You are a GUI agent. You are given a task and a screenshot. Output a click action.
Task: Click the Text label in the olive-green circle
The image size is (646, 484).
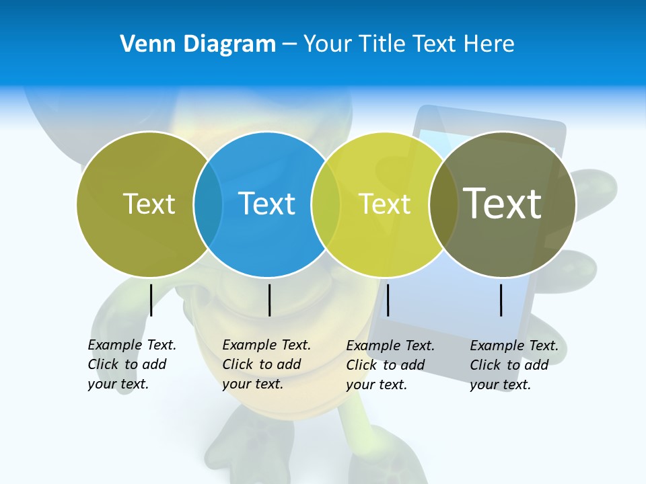pyautogui.click(x=149, y=204)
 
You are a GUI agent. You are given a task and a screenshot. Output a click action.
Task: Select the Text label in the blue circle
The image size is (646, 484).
pyautogui.click(x=266, y=204)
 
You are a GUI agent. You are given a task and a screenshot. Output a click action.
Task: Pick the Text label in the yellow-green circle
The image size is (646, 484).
pyautogui.click(x=384, y=204)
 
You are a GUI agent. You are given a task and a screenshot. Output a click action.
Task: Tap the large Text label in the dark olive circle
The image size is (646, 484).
pyautogui.click(x=503, y=203)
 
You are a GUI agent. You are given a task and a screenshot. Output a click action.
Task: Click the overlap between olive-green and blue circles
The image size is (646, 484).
pyautogui.click(x=208, y=204)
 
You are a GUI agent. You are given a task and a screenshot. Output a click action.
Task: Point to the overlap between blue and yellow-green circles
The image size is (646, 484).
pyautogui.click(x=326, y=204)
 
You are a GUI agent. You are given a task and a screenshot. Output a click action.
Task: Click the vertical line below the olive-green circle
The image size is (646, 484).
pyautogui.click(x=151, y=300)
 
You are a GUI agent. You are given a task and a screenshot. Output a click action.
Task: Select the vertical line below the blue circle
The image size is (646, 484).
pyautogui.click(x=269, y=300)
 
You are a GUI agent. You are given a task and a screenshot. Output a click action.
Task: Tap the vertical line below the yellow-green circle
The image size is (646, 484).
pyautogui.click(x=388, y=300)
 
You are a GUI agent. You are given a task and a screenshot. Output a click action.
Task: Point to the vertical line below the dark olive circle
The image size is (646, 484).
pyautogui.click(x=501, y=300)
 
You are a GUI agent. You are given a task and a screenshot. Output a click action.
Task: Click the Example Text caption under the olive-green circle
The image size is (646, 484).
pyautogui.click(x=132, y=364)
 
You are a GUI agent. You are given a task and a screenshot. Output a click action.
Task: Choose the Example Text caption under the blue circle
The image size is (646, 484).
pyautogui.click(x=266, y=364)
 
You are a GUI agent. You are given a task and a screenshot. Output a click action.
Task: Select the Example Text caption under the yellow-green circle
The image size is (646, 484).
pyautogui.click(x=390, y=365)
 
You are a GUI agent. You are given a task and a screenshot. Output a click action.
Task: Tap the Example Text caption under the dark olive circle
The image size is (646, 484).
pyautogui.click(x=514, y=365)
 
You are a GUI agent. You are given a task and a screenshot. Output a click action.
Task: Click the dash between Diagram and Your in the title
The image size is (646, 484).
pyautogui.click(x=289, y=45)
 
